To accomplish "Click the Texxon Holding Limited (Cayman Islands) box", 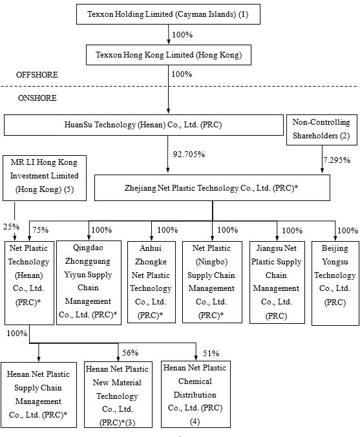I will click(168, 15).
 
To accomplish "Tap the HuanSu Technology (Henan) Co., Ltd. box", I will click(143, 124).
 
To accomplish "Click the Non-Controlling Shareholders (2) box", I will click(321, 129).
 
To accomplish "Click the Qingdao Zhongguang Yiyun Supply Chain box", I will click(88, 281).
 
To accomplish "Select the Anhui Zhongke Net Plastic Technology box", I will click(151, 281).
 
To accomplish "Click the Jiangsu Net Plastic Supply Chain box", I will click(276, 281).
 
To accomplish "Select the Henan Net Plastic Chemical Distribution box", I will click(195, 394).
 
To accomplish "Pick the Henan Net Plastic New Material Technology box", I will click(118, 394).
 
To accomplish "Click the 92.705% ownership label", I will click(189, 155).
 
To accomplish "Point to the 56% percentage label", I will click(131, 352).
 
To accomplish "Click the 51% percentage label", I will click(211, 353).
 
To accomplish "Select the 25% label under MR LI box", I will click(10, 227).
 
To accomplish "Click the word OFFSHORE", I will click(37, 76).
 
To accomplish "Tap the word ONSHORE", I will click(37, 98).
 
